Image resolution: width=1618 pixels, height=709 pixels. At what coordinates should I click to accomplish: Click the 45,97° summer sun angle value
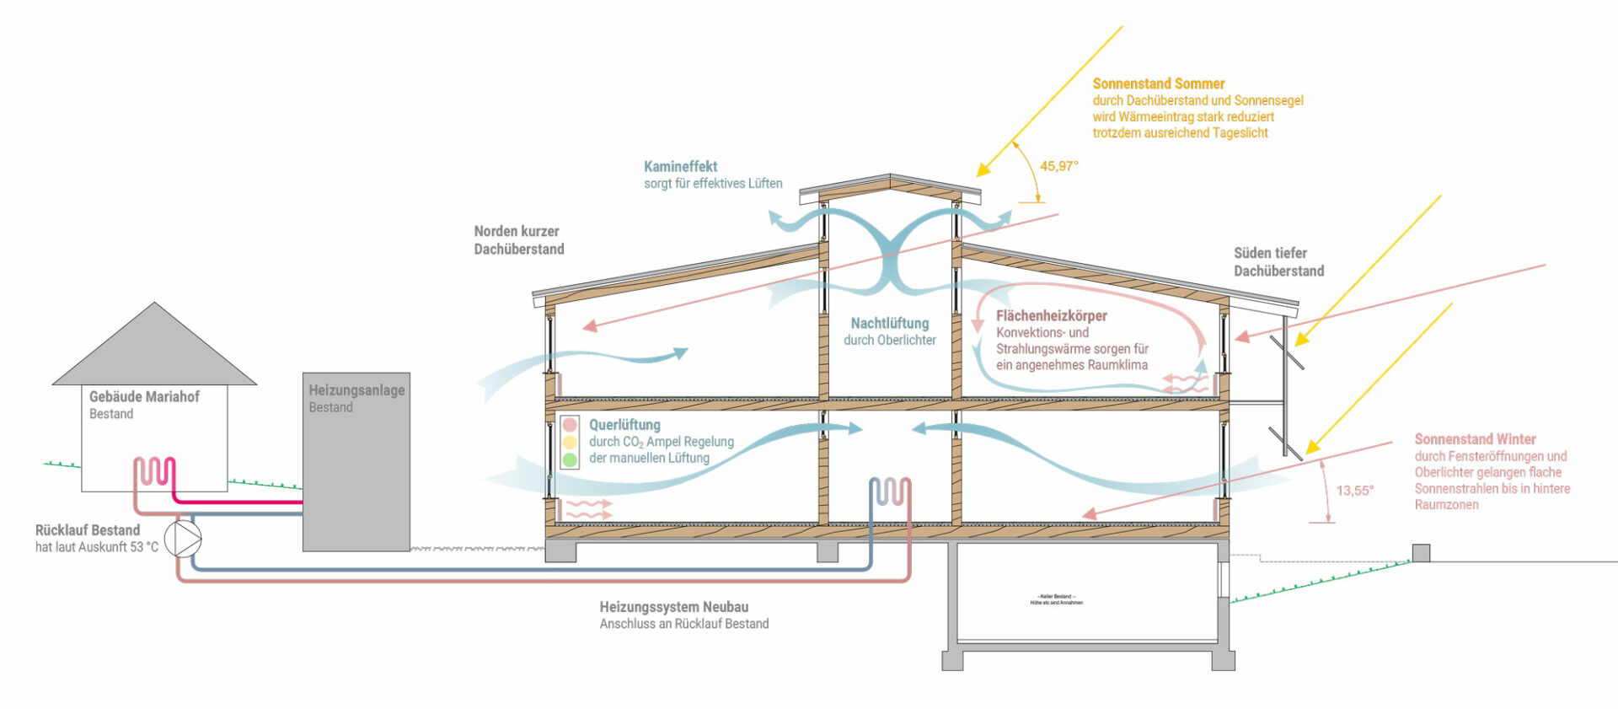pyautogui.click(x=1058, y=166)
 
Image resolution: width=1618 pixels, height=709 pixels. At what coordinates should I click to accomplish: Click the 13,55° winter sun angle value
pyautogui.click(x=1354, y=490)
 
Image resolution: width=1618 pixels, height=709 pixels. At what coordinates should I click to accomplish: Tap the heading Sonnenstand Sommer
pyautogui.click(x=1158, y=83)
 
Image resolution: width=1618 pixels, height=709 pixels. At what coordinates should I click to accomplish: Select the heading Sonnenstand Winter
pyautogui.click(x=1475, y=439)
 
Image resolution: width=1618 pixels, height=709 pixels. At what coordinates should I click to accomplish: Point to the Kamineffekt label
pyautogui.click(x=680, y=167)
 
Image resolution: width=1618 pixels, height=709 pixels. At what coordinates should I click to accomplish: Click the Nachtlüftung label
pyautogui.click(x=889, y=323)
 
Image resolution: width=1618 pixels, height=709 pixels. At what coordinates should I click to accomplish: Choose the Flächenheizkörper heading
pyautogui.click(x=1051, y=315)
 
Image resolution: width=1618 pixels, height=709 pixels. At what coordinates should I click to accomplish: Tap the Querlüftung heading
pyautogui.click(x=624, y=425)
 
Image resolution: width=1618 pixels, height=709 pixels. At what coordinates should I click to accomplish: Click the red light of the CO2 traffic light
pyautogui.click(x=570, y=425)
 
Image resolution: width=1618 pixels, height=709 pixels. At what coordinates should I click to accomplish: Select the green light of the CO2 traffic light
pyautogui.click(x=570, y=460)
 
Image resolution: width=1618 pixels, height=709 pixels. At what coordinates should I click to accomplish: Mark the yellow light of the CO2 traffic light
pyautogui.click(x=570, y=443)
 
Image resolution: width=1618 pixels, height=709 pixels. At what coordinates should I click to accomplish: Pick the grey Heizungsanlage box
pyautogui.click(x=356, y=472)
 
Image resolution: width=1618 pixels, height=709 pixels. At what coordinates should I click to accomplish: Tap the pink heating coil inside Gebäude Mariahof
pyautogui.click(x=155, y=471)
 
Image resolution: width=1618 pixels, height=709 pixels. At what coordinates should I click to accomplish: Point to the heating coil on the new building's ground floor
pyautogui.click(x=890, y=491)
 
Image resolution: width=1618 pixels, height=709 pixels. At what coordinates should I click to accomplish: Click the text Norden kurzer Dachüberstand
pyautogui.click(x=518, y=240)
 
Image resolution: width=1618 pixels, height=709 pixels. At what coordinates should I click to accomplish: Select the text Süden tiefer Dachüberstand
pyautogui.click(x=1278, y=262)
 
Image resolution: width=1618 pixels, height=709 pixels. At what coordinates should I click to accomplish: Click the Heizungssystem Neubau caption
pyautogui.click(x=673, y=607)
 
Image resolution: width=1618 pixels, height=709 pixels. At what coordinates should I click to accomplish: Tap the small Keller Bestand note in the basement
pyautogui.click(x=1056, y=599)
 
